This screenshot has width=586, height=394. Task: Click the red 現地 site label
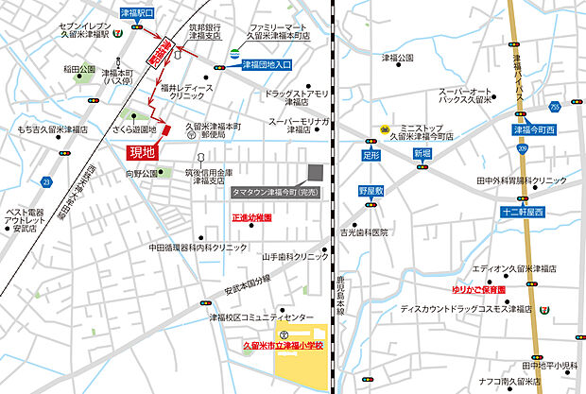point(140,150)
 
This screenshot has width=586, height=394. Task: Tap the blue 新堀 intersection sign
point(421,152)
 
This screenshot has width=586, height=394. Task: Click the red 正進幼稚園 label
point(251,217)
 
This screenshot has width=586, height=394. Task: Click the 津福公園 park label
point(398,58)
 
